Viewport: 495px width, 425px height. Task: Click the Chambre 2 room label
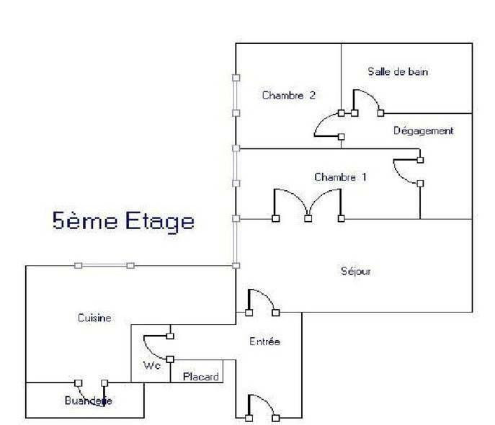(289, 95)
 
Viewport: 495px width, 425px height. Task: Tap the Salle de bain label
(399, 72)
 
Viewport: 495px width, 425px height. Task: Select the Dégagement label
(424, 131)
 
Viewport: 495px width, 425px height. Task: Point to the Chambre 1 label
(341, 176)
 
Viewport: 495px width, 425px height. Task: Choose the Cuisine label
(94, 318)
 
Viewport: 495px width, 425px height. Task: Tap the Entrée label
(264, 341)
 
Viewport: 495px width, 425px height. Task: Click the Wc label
(151, 365)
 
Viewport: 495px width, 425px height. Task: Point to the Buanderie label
(89, 401)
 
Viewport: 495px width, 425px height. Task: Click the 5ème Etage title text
(123, 220)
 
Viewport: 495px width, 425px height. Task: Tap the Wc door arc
(157, 344)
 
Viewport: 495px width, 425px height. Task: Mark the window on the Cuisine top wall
(104, 266)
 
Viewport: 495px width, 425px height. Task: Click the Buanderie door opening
(92, 383)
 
